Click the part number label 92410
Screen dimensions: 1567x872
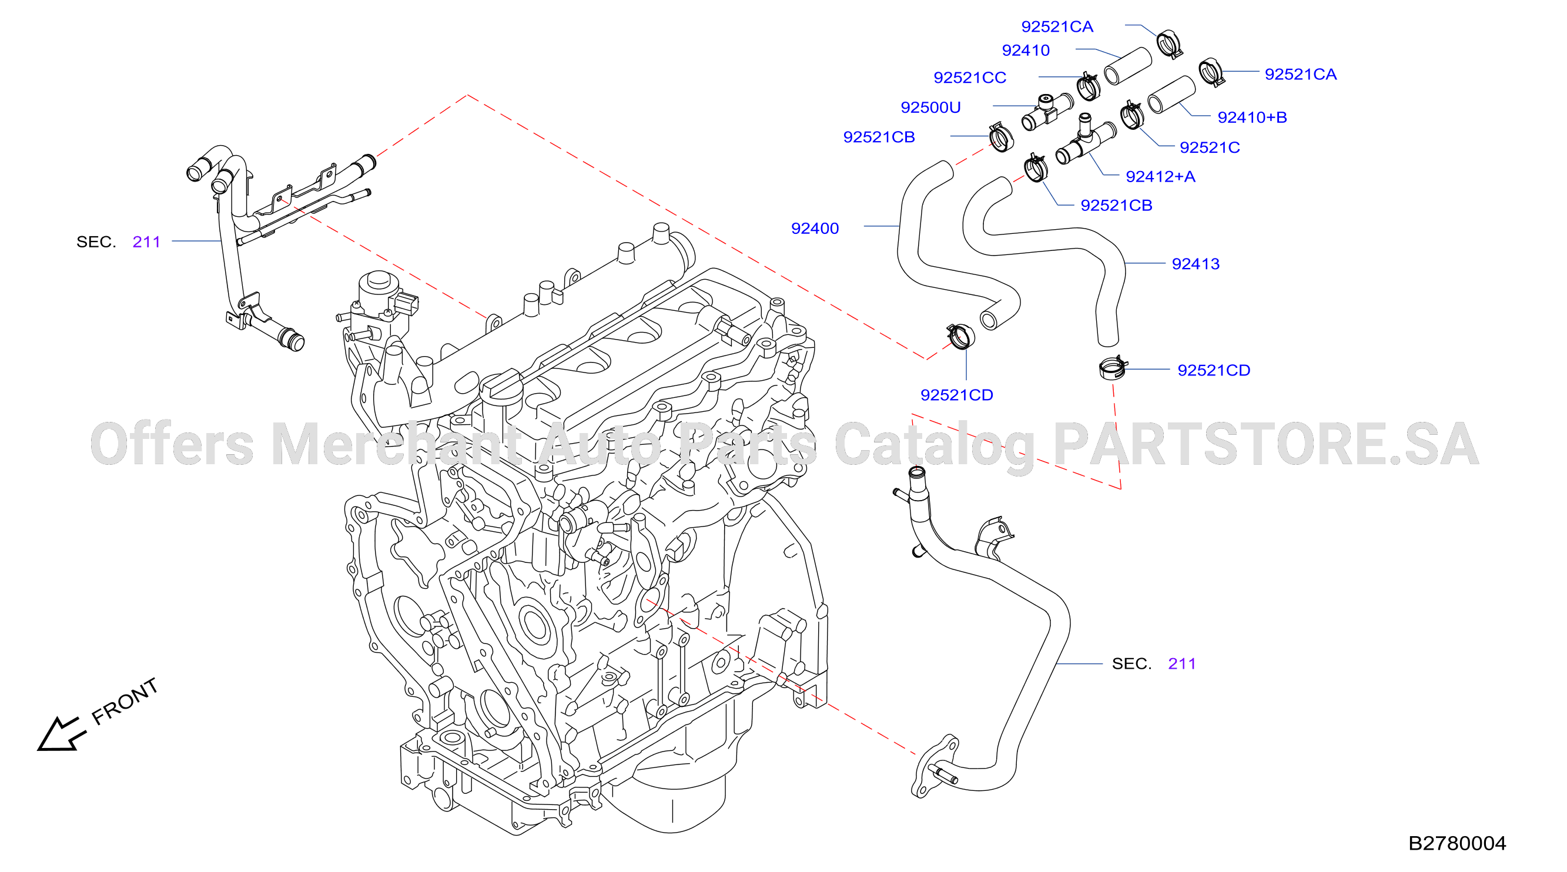pyautogui.click(x=1026, y=51)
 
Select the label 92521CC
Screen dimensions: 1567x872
pyautogui.click(x=970, y=78)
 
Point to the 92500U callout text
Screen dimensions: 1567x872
pyautogui.click(x=930, y=108)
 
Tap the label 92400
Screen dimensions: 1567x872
pyautogui.click(x=815, y=229)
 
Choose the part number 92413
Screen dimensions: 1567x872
pyautogui.click(x=1196, y=264)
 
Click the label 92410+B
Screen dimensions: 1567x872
pyautogui.click(x=1252, y=118)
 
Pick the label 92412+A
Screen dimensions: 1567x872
pyautogui.click(x=1160, y=177)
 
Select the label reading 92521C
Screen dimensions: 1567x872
pyautogui.click(x=1209, y=147)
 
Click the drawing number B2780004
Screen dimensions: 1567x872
pyautogui.click(x=1457, y=843)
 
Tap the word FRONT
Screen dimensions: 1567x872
pyautogui.click(x=125, y=701)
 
